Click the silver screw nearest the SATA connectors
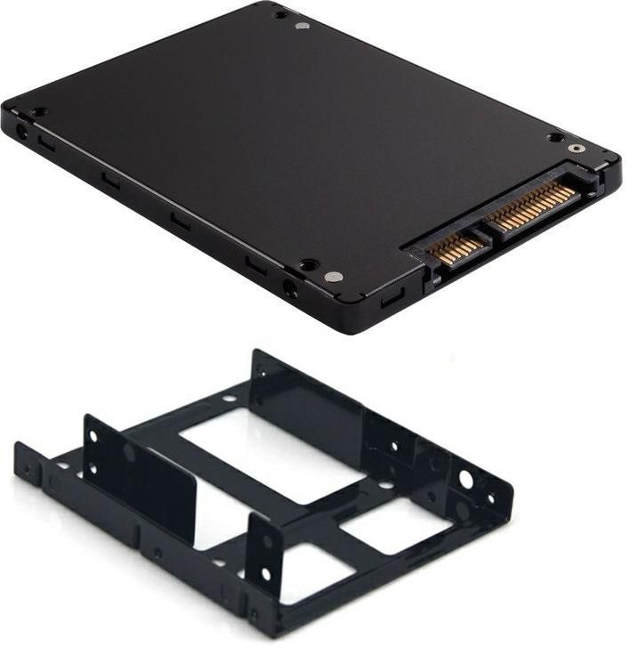click(334, 277)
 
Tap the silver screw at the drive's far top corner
click(302, 26)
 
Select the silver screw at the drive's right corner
click(577, 150)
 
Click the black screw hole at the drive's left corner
click(39, 112)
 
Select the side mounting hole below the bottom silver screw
click(289, 287)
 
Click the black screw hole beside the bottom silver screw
click(309, 264)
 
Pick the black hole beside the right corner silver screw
click(555, 138)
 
